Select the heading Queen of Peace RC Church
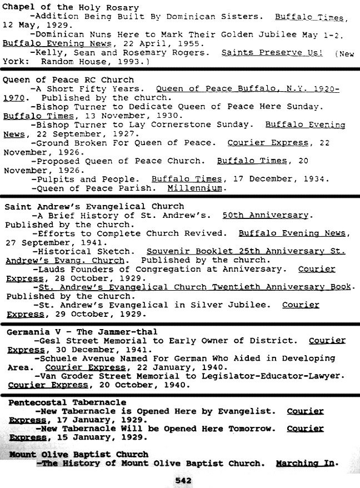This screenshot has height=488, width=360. coord(68,79)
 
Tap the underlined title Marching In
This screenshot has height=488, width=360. coord(307,463)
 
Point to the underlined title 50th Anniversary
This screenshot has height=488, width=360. coord(265,215)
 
